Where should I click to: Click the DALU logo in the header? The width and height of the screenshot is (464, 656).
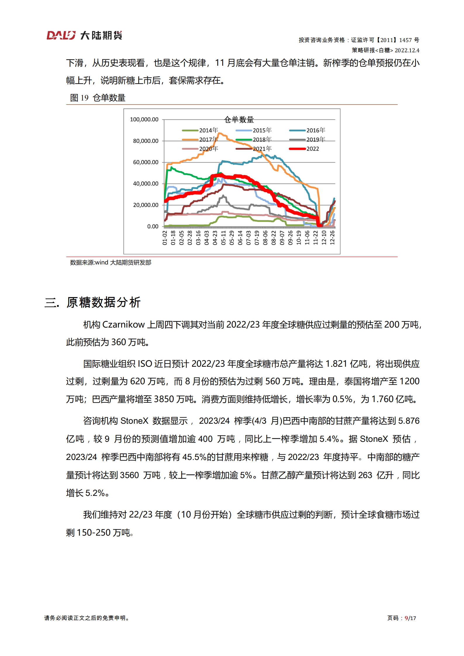point(61,35)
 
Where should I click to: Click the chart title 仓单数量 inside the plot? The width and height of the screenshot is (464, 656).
point(239,120)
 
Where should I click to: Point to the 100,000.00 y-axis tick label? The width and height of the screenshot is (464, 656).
point(144,120)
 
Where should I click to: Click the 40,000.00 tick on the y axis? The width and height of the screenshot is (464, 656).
point(146,184)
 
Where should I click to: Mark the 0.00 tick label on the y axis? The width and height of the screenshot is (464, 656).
point(153,226)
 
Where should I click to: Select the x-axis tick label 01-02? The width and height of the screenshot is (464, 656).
point(165,238)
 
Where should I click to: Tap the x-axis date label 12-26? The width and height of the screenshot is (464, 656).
point(332,238)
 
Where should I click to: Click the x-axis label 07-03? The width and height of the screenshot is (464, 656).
point(249,238)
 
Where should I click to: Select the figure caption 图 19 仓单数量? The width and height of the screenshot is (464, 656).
point(98,98)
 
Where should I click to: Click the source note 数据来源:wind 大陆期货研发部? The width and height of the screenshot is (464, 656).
point(111,262)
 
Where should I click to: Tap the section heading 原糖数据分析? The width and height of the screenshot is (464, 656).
point(104,302)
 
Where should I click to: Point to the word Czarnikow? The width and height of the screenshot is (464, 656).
point(123,325)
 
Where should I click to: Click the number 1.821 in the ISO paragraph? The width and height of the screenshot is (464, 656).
point(336,364)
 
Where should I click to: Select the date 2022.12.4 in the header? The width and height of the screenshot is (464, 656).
point(407,50)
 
